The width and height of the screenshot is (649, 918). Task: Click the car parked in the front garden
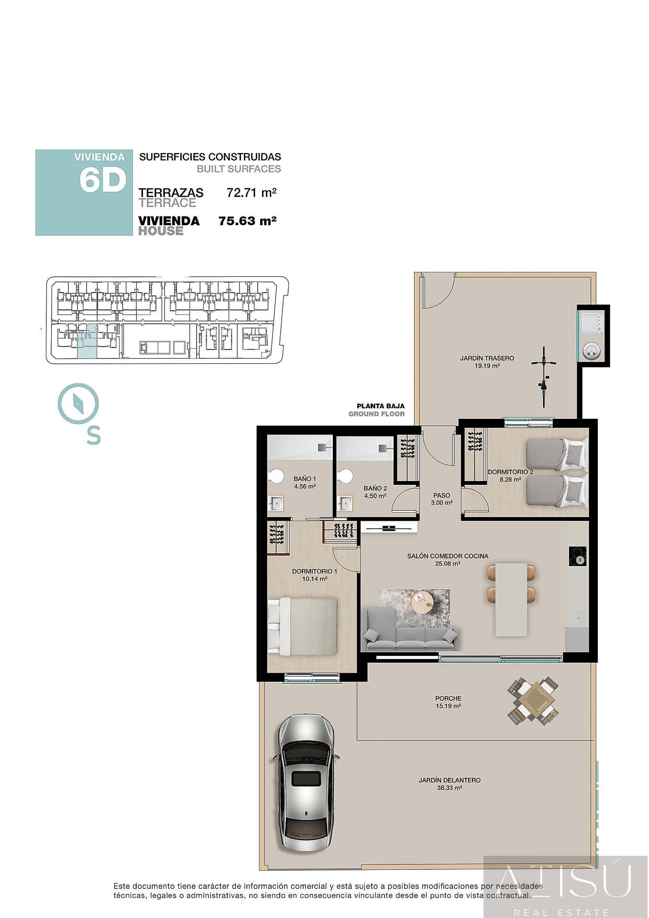(306, 783)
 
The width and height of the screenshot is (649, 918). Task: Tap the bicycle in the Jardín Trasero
(544, 377)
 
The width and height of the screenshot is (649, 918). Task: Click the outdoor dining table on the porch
(533, 701)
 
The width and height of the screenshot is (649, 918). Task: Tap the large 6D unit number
(102, 181)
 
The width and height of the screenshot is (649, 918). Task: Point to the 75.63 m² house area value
(247, 221)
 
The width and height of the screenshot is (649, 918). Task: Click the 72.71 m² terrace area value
(252, 193)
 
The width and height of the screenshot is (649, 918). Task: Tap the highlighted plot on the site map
(87, 341)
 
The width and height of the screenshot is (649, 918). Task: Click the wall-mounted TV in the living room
(389, 527)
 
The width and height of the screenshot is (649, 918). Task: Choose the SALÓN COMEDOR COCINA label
(447, 559)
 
